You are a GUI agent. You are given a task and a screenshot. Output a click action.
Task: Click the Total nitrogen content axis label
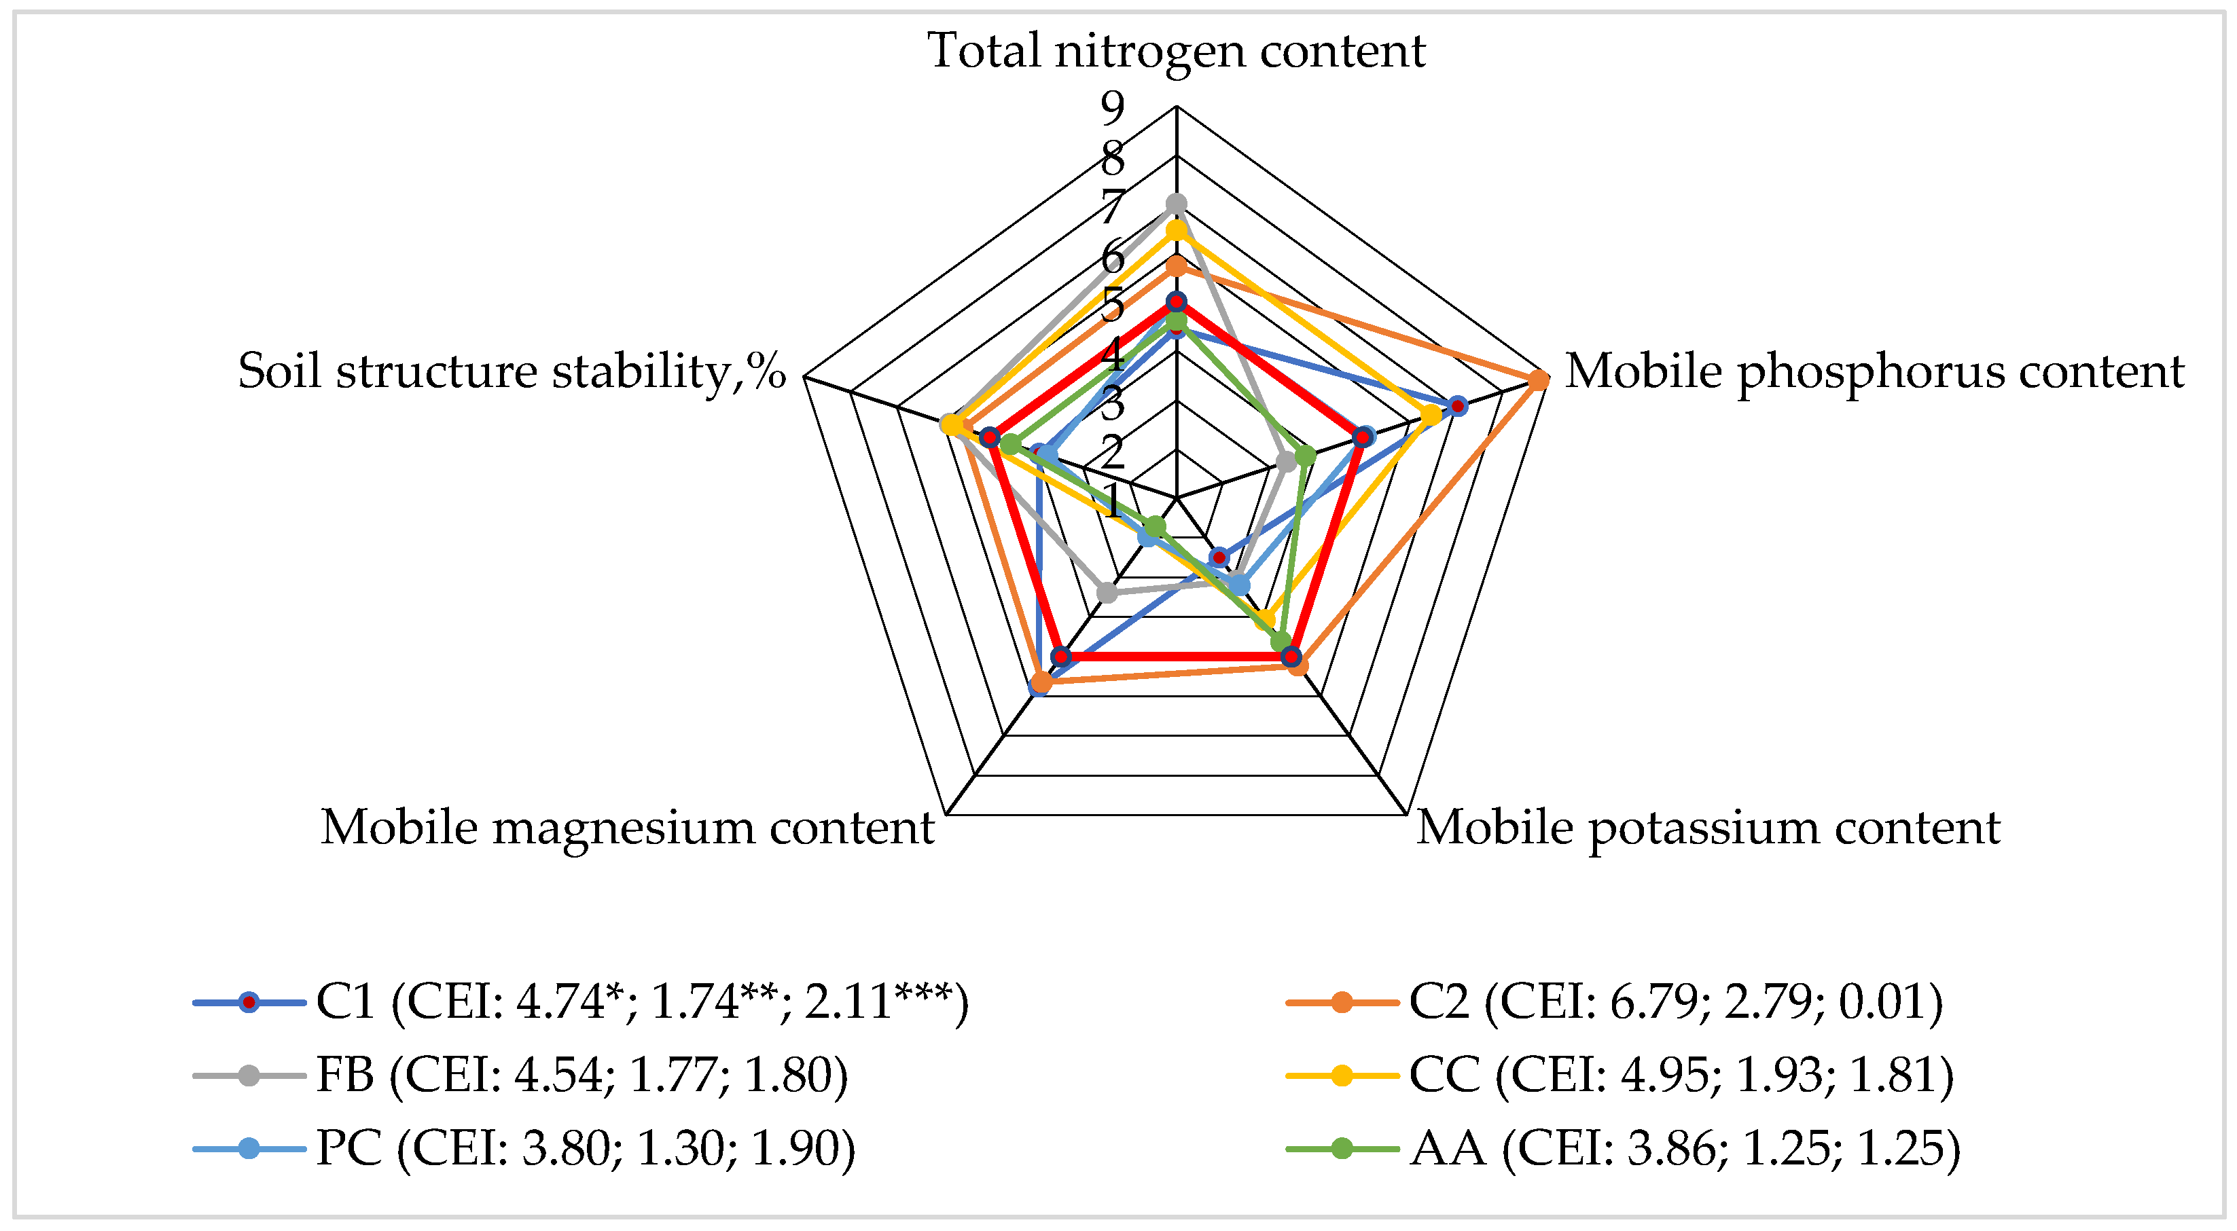[x=1176, y=50]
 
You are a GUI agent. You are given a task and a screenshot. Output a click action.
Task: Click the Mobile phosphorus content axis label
[x=1874, y=371]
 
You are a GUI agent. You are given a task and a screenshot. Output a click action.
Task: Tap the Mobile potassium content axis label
[x=1708, y=827]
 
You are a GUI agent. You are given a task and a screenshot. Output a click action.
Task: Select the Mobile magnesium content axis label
[x=627, y=827]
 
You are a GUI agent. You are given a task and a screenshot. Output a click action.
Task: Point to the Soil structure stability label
[x=512, y=371]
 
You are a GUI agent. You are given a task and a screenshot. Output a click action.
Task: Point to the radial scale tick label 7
[x=1113, y=206]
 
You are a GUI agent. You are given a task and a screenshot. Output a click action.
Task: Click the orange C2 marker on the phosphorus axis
[x=1538, y=380]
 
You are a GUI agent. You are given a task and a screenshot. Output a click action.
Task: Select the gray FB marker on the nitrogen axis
[x=1176, y=204]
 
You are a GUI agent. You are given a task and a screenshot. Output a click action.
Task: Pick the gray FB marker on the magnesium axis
[x=1107, y=593]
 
